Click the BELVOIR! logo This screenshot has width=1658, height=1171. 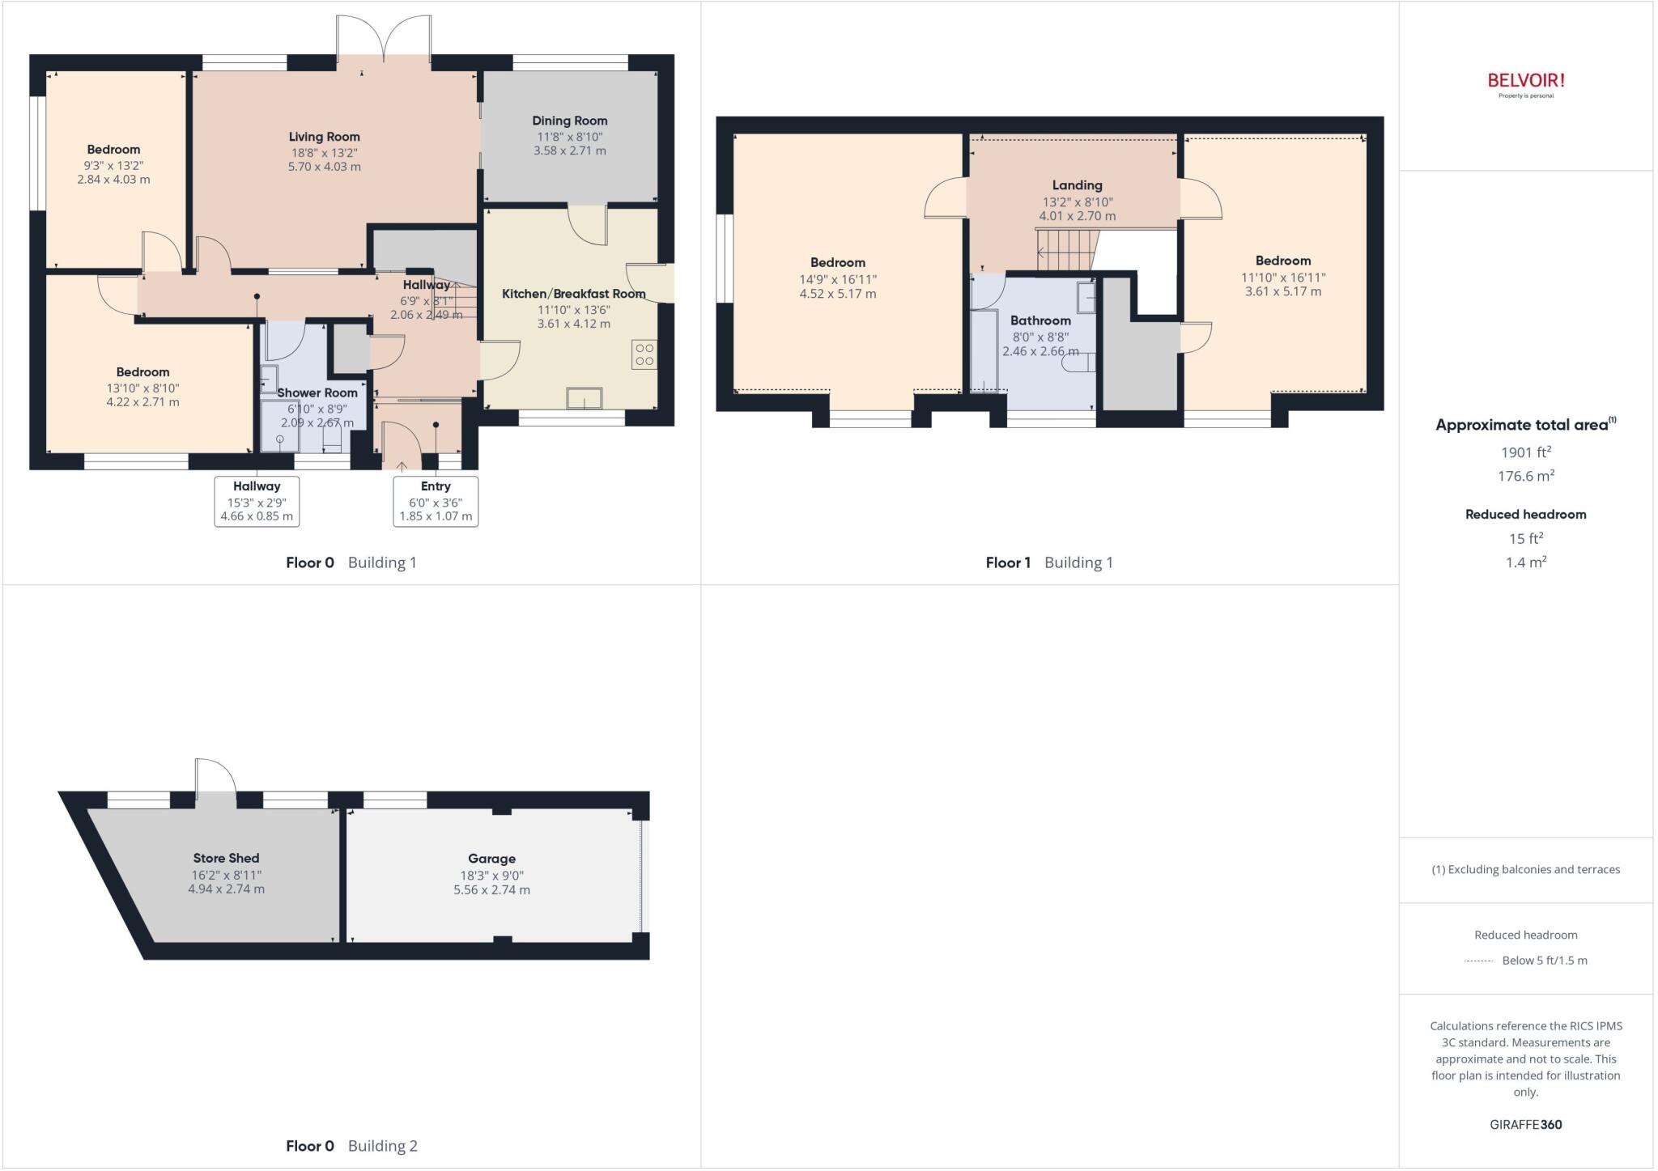(1525, 81)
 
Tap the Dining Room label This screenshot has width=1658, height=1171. (569, 121)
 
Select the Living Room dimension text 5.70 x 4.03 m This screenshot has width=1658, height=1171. (324, 167)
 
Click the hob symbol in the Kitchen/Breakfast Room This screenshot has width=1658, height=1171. (644, 354)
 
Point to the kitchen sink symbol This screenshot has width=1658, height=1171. (585, 398)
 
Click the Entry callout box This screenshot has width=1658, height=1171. (436, 501)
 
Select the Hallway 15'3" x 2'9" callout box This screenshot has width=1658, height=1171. (257, 501)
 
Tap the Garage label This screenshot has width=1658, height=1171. (491, 859)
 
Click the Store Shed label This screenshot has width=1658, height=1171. (226, 858)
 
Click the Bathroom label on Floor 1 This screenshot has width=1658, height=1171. (1040, 320)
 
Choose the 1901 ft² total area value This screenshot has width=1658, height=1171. (1525, 452)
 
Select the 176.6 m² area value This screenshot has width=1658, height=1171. (1525, 476)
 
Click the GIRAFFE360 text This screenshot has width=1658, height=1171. (1525, 1124)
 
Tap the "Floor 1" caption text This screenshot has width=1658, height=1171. (1007, 562)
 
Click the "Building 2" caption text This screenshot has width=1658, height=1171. (382, 1146)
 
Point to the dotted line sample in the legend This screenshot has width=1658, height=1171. (1478, 961)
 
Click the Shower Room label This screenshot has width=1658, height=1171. (317, 392)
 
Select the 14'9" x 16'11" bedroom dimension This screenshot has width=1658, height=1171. (837, 279)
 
